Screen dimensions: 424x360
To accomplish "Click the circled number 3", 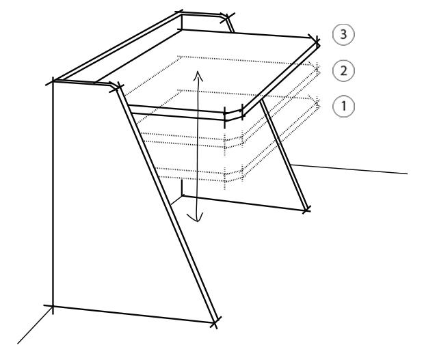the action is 343,34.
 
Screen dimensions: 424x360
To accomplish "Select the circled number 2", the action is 343,71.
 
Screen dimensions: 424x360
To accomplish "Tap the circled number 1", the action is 343,106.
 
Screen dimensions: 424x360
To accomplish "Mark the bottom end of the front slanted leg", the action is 215,322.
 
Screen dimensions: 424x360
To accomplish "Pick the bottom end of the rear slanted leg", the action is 306,210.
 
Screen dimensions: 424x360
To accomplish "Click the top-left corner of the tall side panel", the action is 53,81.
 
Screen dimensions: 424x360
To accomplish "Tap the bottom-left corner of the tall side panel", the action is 53,306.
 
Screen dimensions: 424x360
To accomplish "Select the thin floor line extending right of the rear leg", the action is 349,169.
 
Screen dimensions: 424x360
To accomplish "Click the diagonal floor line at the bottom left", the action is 35,325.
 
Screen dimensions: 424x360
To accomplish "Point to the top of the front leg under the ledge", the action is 117,87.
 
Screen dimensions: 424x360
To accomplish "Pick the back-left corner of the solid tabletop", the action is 182,29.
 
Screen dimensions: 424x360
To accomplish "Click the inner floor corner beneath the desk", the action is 182,195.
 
